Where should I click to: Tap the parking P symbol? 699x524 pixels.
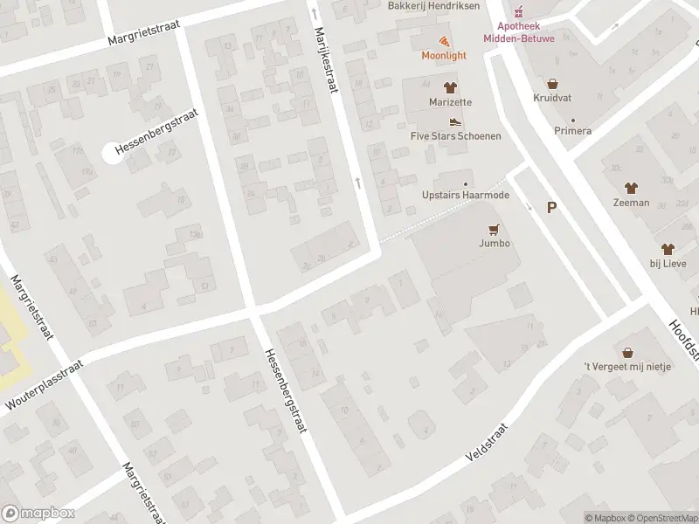coord(551,207)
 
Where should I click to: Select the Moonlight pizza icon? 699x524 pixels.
coord(444,41)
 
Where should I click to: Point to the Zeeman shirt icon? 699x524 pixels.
coord(630,188)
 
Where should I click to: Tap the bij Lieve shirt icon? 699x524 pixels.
coord(668,249)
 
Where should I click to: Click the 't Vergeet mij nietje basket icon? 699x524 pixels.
coord(626,352)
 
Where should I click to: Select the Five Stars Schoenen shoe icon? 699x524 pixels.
coord(454,122)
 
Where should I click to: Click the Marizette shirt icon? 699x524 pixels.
coord(450,87)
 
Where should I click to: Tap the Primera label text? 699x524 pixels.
coord(572,131)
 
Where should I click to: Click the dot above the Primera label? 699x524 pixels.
coord(573,120)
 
